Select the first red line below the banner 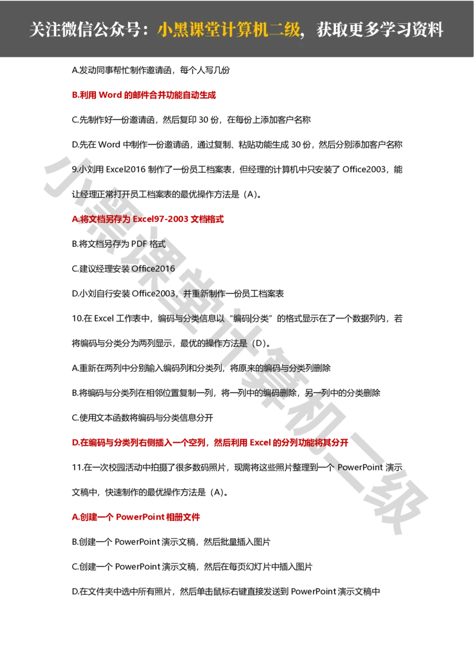144,95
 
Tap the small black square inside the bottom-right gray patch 396,495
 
